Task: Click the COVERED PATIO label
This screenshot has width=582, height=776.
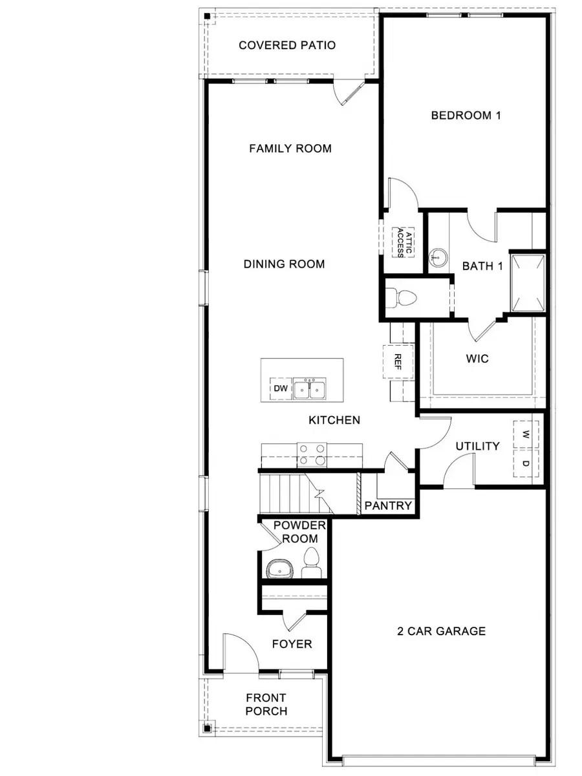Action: pyautogui.click(x=287, y=45)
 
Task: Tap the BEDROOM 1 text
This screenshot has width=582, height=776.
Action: pyautogui.click(x=466, y=116)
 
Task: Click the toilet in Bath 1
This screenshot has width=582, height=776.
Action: pyautogui.click(x=404, y=299)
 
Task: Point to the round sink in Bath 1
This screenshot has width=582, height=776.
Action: pyautogui.click(x=438, y=259)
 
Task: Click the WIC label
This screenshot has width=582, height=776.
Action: pyautogui.click(x=477, y=359)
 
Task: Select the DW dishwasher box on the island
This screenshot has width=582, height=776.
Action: pyautogui.click(x=280, y=389)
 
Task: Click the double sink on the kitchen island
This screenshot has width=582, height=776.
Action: pyautogui.click(x=309, y=389)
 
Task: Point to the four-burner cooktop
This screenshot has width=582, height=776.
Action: pyautogui.click(x=312, y=454)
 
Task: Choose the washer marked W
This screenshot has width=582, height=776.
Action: pyautogui.click(x=526, y=434)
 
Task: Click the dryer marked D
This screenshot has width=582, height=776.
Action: pyautogui.click(x=526, y=463)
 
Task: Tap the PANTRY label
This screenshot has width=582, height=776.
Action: pyautogui.click(x=388, y=505)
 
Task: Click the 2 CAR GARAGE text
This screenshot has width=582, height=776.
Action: pyautogui.click(x=441, y=631)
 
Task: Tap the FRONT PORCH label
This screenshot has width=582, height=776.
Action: pyautogui.click(x=266, y=704)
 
